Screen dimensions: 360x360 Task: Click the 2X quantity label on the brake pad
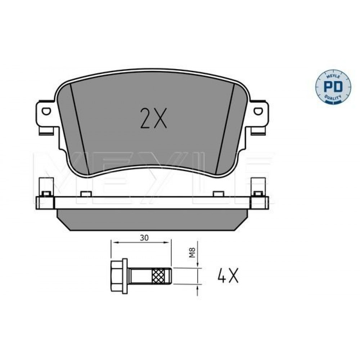(153, 118)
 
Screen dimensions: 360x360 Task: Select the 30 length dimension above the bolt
(144, 238)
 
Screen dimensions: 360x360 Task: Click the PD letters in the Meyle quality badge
(333, 86)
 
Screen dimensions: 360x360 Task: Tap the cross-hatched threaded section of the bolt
(158, 276)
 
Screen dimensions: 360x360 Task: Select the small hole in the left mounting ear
(46, 111)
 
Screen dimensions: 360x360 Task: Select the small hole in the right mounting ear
(258, 111)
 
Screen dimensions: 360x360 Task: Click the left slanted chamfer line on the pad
(79, 129)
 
